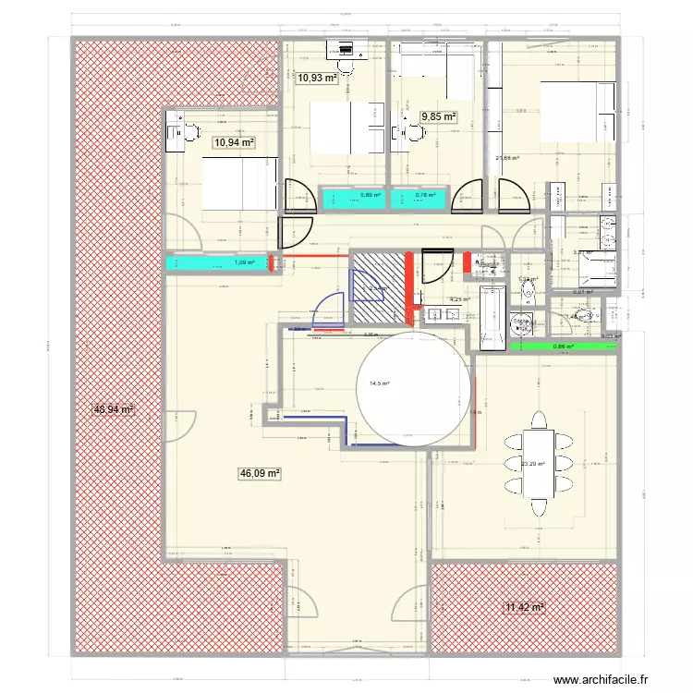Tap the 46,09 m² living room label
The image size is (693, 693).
(260, 473)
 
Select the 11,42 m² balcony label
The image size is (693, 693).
(523, 607)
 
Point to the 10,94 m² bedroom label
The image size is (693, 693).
(234, 142)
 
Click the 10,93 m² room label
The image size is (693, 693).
(316, 78)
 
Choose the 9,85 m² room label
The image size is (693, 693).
(440, 116)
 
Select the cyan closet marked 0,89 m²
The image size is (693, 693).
(354, 196)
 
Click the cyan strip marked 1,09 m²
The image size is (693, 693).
(216, 263)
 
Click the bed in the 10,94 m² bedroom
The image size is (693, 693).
(239, 185)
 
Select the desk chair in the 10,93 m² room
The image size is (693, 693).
(346, 66)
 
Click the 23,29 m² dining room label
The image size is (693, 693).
(533, 465)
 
